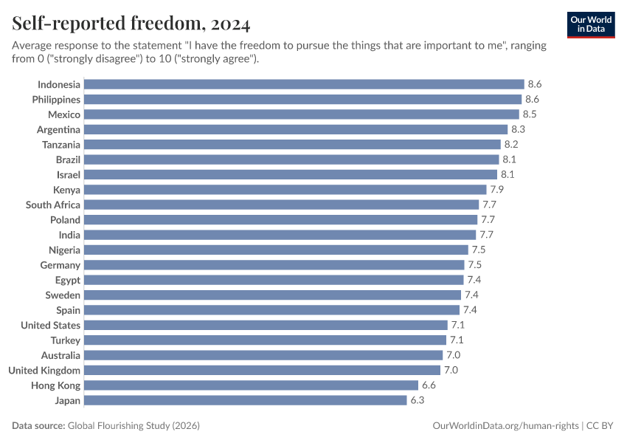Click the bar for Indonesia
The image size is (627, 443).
pyautogui.click(x=304, y=84)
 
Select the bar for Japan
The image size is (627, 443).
pyautogui.click(x=246, y=400)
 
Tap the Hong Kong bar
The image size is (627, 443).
pyautogui.click(x=251, y=385)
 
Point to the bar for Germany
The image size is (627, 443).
pyautogui.click(x=274, y=265)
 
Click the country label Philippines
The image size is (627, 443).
pyautogui.click(x=56, y=99)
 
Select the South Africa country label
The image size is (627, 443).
pyautogui.click(x=53, y=205)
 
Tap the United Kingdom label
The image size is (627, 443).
pyautogui.click(x=44, y=370)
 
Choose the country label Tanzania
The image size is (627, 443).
pyautogui.click(x=61, y=145)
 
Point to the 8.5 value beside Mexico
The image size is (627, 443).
pyautogui.click(x=529, y=114)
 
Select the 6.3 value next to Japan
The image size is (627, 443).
pyautogui.click(x=417, y=400)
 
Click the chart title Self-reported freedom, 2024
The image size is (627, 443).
pyautogui.click(x=131, y=24)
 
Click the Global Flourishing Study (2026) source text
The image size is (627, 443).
pyautogui.click(x=134, y=426)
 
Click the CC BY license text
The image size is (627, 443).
pyautogui.click(x=601, y=426)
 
